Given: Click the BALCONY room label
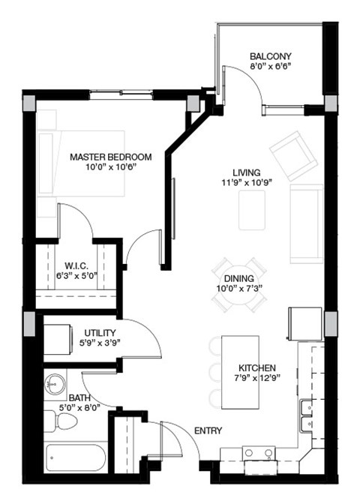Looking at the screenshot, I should click(271, 56).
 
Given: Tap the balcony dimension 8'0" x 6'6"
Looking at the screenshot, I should click(271, 66).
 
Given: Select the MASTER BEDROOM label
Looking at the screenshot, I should click(111, 157).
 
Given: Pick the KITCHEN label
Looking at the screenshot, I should click(258, 367).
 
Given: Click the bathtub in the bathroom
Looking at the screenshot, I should click(76, 457).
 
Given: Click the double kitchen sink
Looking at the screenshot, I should click(307, 418).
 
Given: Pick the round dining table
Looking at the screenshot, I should click(238, 285).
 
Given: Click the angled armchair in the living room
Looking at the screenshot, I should click(292, 154).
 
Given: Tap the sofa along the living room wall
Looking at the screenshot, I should click(306, 223).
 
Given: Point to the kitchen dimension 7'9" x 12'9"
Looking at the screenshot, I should click(258, 378).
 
